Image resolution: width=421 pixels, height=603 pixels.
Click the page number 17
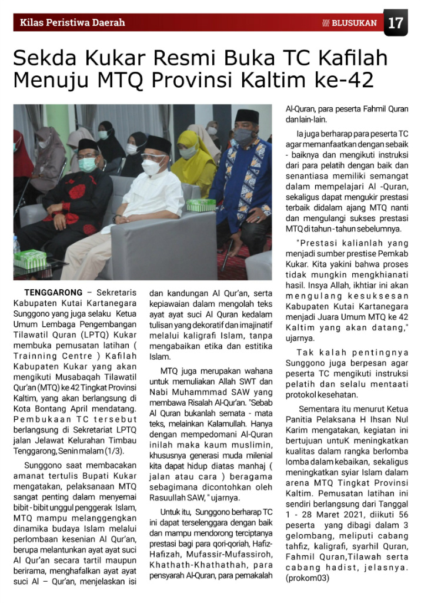click(396, 23)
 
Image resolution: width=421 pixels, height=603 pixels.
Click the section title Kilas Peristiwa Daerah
click(72, 23)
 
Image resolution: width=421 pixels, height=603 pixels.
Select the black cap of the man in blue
click(246, 116)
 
